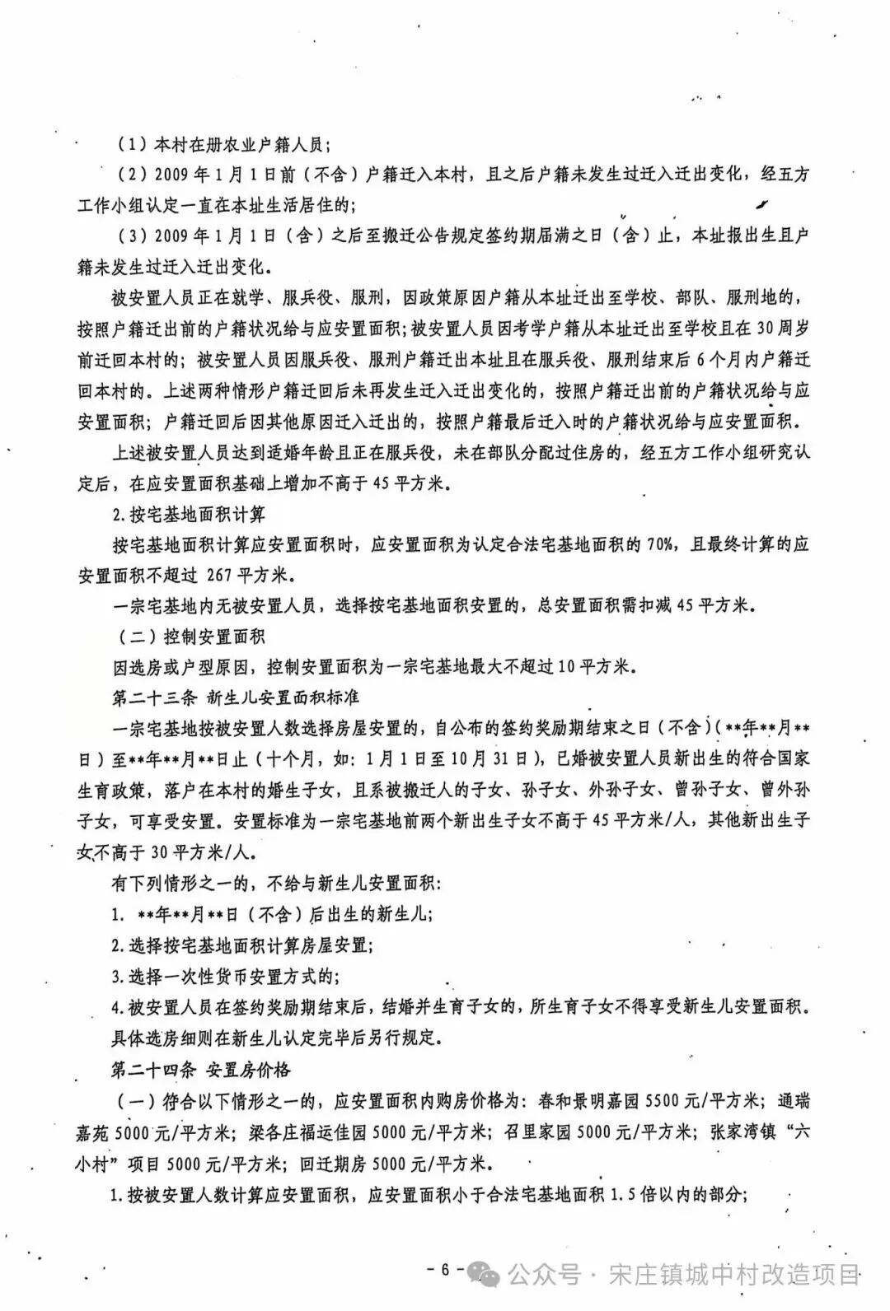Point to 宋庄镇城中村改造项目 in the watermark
coord(734,1275)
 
